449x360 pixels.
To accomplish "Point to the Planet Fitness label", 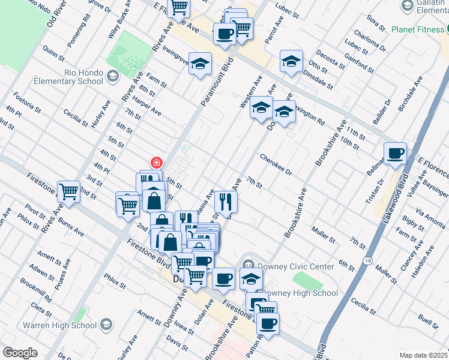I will [x=420, y=29].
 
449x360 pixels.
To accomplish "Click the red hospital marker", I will [x=156, y=162].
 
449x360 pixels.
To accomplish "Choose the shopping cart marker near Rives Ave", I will [x=68, y=192].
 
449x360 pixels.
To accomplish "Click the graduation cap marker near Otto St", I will [x=291, y=61].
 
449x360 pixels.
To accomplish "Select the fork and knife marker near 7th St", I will [x=226, y=201].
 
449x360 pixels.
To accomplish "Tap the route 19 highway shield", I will [x=367, y=260].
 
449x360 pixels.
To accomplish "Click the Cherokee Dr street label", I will [x=276, y=165].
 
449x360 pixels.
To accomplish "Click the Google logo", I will [x=20, y=353].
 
